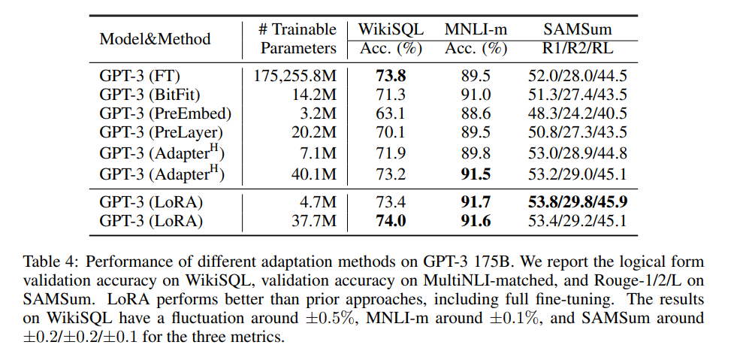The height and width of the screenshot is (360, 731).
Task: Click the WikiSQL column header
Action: pyautogui.click(x=391, y=29)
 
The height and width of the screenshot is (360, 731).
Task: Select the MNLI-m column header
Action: pyautogui.click(x=476, y=29)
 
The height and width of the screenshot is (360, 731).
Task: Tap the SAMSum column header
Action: pyautogui.click(x=577, y=29)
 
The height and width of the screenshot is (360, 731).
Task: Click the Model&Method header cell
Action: pyautogui.click(x=155, y=38)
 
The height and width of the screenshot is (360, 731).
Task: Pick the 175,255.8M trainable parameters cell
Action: pyautogui.click(x=295, y=76)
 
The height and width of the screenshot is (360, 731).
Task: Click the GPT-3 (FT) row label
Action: pyautogui.click(x=140, y=76)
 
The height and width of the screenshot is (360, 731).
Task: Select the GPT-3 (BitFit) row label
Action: pyautogui.click(x=150, y=95)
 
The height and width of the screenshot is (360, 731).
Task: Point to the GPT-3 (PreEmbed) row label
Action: pyautogui.click(x=165, y=113)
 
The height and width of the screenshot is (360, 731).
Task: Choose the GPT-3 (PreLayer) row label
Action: pyautogui.click(x=161, y=132)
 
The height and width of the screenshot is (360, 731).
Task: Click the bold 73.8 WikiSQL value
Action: pyautogui.click(x=391, y=76)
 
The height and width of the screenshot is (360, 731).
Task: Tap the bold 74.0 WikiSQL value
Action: pyautogui.click(x=391, y=220)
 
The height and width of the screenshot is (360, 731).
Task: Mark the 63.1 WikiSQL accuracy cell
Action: pyautogui.click(x=391, y=113)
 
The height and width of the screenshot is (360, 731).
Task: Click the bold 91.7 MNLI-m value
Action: pyautogui.click(x=476, y=202)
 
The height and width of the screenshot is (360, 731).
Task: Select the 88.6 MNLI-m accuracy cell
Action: pyautogui.click(x=476, y=113)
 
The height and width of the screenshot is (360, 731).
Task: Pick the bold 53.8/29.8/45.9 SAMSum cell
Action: pyautogui.click(x=577, y=202)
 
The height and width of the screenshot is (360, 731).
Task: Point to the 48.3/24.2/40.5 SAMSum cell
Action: pyautogui.click(x=577, y=113)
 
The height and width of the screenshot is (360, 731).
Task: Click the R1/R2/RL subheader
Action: pyautogui.click(x=577, y=49)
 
